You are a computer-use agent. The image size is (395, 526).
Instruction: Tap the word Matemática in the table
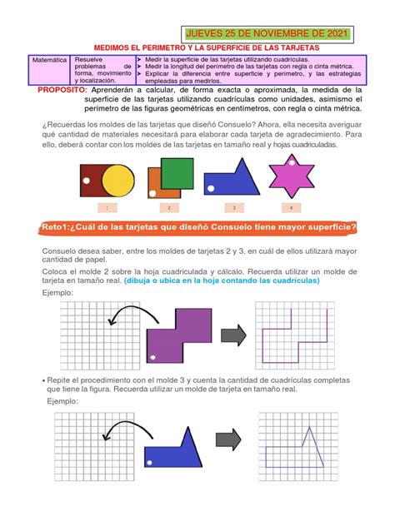point(50,62)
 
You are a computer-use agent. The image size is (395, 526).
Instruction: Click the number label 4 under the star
point(291,207)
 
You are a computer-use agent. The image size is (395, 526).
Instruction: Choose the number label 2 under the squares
point(168,207)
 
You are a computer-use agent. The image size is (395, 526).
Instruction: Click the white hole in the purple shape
point(152,357)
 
